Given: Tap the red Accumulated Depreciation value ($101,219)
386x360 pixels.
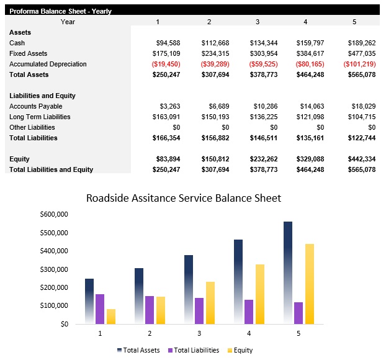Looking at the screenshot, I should (360, 64).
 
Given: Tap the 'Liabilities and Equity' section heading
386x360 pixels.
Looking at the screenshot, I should (42, 96).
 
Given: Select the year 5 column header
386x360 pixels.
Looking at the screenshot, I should (354, 22).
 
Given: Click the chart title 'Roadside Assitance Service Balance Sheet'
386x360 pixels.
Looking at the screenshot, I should (184, 199).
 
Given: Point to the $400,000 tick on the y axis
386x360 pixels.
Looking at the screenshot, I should (53, 251).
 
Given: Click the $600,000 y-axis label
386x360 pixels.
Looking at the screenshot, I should (53, 214).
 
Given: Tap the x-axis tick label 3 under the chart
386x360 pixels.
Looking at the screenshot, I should (199, 333).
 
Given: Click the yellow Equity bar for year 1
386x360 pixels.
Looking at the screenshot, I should (111, 317).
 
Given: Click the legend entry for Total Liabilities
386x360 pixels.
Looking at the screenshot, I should (193, 350).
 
